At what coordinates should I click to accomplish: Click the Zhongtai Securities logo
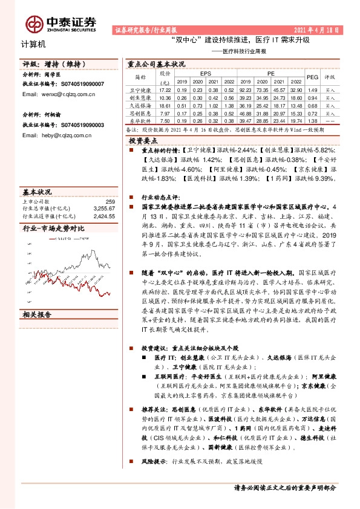[61, 23]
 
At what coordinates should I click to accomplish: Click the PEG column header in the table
[313, 77]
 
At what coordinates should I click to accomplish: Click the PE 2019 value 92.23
[245, 89]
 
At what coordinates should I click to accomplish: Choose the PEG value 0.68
[313, 105]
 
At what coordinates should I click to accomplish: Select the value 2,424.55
[103, 215]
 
